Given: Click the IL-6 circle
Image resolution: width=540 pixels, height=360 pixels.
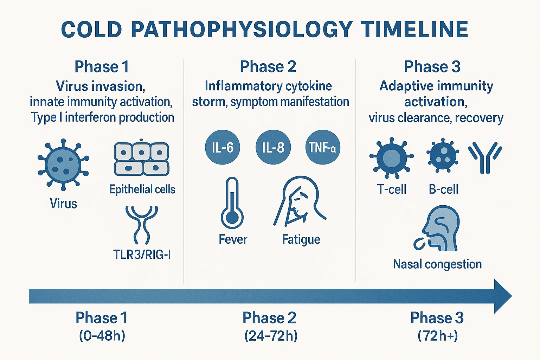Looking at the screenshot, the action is (x=223, y=147).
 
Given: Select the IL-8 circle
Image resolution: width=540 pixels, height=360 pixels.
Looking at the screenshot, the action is (x=273, y=147).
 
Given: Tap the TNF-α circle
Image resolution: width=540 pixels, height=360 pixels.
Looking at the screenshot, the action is (x=322, y=147).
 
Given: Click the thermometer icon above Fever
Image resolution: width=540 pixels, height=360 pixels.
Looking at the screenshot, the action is (x=232, y=203).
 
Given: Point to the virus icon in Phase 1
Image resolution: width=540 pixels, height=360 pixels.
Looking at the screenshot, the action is (x=63, y=165).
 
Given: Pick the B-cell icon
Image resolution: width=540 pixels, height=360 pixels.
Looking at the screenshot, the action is (x=443, y=155).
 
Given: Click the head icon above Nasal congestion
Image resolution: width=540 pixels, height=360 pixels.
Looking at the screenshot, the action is (x=436, y=229).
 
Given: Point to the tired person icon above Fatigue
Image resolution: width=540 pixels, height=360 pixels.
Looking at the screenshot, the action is (x=300, y=201).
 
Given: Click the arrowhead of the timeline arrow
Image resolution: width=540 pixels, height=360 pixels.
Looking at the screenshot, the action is (x=503, y=296).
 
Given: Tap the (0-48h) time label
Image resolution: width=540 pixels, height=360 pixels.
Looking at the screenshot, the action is (x=102, y=335).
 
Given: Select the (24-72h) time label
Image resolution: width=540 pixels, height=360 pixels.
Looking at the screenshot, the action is (x=271, y=336).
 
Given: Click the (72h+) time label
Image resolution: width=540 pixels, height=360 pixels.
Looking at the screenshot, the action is (x=438, y=336).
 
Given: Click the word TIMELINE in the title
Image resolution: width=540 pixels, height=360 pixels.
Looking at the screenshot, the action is (x=415, y=30).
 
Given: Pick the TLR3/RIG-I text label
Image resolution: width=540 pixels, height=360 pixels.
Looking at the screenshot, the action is (x=142, y=254).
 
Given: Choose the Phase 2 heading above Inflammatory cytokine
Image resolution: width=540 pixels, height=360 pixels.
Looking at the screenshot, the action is (x=268, y=66).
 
